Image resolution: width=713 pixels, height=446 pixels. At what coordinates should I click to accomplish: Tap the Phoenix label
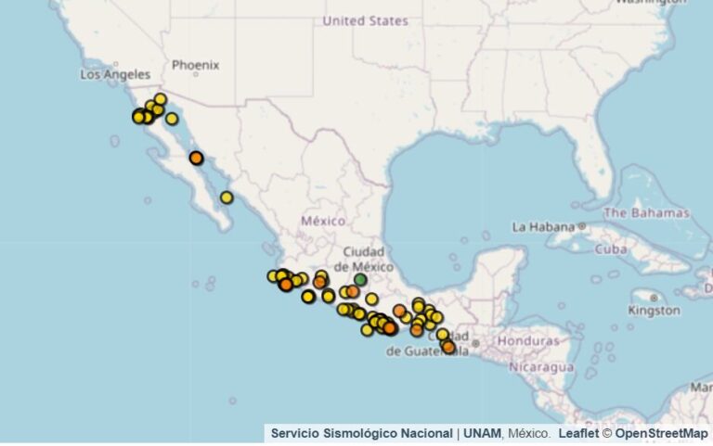tap(195, 65)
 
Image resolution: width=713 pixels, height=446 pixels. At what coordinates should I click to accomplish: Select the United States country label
tap(365, 20)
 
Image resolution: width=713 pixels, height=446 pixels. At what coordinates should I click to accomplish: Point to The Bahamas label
tap(648, 212)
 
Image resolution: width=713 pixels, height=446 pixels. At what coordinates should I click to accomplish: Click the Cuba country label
tap(611, 248)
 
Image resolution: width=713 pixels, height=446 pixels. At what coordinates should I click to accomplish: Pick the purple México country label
tap(322, 221)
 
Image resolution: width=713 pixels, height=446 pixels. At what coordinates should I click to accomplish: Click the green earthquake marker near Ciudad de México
tap(360, 280)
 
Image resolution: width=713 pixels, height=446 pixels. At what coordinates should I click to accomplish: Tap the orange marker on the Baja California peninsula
tap(196, 158)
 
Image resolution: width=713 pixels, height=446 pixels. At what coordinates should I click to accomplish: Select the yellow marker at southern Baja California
tap(227, 198)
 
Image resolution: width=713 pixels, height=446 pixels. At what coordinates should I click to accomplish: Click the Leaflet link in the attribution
tap(577, 433)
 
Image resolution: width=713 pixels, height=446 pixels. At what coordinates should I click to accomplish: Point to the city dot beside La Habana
tap(582, 226)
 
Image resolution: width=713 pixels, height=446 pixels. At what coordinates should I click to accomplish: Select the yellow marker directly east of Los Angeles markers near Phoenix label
tap(172, 119)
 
